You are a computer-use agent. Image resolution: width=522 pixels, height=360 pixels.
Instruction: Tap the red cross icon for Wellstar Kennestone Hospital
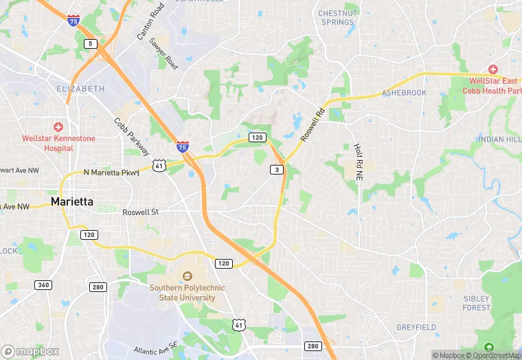(x=58, y=127)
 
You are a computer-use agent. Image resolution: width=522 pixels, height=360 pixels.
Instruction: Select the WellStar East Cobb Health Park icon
(x=492, y=69)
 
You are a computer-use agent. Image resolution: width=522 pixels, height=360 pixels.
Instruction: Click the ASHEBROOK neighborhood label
(x=404, y=93)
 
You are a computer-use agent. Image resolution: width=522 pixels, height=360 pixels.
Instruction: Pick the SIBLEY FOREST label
(x=476, y=303)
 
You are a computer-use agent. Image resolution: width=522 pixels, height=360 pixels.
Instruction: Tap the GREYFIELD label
(x=416, y=327)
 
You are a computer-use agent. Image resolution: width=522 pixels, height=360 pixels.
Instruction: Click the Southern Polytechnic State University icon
(x=186, y=276)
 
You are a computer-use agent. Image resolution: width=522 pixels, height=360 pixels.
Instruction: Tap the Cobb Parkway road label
(x=132, y=137)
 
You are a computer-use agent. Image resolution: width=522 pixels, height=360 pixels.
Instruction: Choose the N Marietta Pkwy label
(x=111, y=172)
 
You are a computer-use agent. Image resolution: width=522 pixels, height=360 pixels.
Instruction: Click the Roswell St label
(x=140, y=212)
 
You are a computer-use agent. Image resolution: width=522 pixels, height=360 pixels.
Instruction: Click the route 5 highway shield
(x=89, y=44)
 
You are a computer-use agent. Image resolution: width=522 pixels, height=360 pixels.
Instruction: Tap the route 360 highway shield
(x=43, y=285)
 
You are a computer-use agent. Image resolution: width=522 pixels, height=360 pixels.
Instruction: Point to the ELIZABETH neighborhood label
(x=80, y=89)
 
